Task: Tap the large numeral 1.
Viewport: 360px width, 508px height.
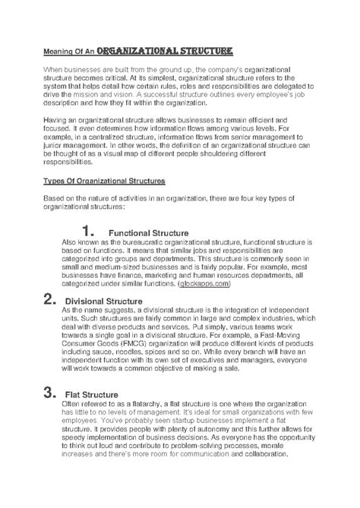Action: pyautogui.click(x=87, y=231)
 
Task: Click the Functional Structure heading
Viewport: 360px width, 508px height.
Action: pyautogui.click(x=148, y=232)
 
